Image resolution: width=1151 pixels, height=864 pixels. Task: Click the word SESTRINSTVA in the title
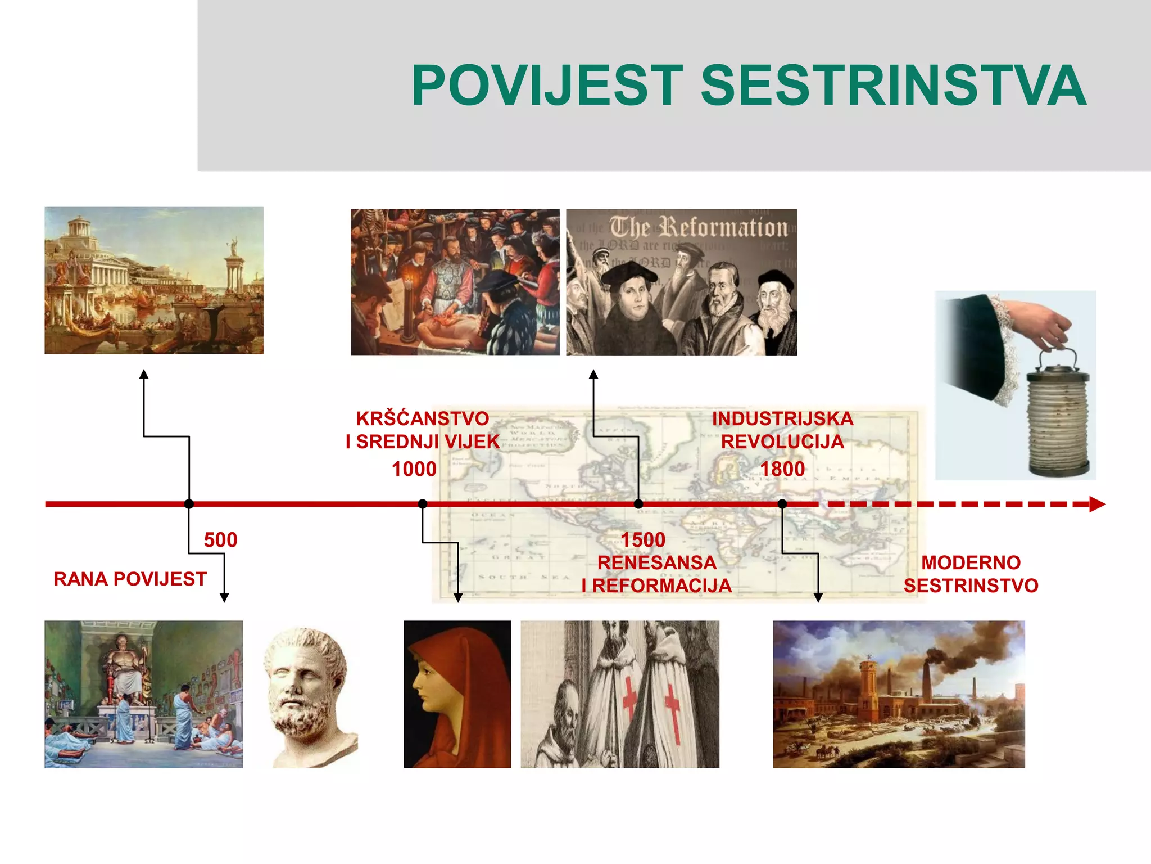pyautogui.click(x=894, y=85)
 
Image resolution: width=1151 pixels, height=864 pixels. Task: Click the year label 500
pyautogui.click(x=220, y=540)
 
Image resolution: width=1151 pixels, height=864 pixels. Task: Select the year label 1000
pyautogui.click(x=414, y=469)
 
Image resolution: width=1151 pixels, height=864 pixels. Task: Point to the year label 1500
pyautogui.click(x=643, y=540)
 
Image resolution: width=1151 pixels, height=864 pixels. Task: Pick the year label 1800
pyautogui.click(x=782, y=469)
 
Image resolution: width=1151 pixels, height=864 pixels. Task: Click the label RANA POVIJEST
pyautogui.click(x=130, y=579)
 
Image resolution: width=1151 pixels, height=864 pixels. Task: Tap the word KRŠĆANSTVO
pyautogui.click(x=423, y=418)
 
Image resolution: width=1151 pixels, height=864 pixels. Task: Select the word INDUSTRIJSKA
pyautogui.click(x=782, y=418)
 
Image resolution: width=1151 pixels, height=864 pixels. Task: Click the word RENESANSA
pyautogui.click(x=656, y=562)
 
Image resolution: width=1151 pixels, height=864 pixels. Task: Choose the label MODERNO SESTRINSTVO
pyautogui.click(x=971, y=574)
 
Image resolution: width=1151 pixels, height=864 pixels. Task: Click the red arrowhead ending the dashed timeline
pyautogui.click(x=1096, y=504)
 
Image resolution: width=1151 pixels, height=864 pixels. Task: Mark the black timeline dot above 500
pyautogui.click(x=189, y=504)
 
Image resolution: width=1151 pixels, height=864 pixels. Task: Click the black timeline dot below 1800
pyautogui.click(x=782, y=504)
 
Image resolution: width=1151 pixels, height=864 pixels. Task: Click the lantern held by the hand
pyautogui.click(x=1058, y=416)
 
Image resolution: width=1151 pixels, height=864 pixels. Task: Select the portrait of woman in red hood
pyautogui.click(x=456, y=694)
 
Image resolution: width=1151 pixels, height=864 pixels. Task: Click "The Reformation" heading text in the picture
pyautogui.click(x=699, y=228)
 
